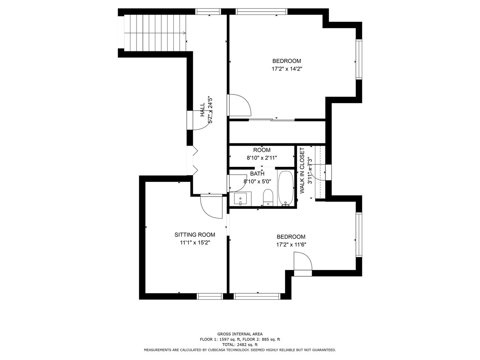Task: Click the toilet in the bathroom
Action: pos(268,197)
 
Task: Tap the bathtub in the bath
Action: pos(285,188)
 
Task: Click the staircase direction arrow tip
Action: pos(186,33)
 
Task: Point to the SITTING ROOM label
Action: pos(195,235)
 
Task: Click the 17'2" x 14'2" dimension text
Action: pos(287,69)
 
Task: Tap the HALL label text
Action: pos(202,110)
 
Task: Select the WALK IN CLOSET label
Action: pos(302,171)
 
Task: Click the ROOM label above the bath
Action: pos(262,150)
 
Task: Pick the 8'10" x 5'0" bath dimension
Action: pos(257,181)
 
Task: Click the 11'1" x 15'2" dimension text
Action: pos(195,243)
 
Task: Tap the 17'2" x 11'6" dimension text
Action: pos(291,244)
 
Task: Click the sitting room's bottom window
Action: pos(210,296)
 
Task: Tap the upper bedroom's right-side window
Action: pos(359,59)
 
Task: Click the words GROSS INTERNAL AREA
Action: pos(240,334)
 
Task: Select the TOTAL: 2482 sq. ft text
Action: pos(240,345)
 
